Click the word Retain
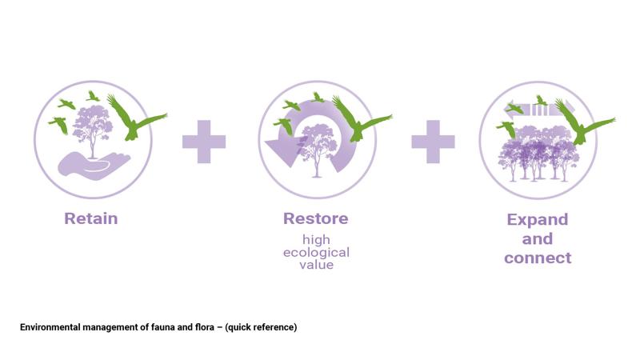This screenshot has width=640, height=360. pyautogui.click(x=90, y=218)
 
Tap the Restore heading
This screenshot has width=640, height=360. pyautogui.click(x=316, y=218)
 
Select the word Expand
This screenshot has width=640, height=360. pyautogui.click(x=538, y=219)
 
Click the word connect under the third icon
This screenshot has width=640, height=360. pyautogui.click(x=538, y=258)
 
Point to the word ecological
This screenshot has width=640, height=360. pyautogui.click(x=316, y=252)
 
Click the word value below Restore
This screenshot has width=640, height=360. pyautogui.click(x=316, y=265)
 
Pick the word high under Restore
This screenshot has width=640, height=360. pyautogui.click(x=316, y=239)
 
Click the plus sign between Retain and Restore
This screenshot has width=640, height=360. pyautogui.click(x=204, y=142)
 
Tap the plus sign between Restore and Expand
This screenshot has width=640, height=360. pyautogui.click(x=433, y=142)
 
